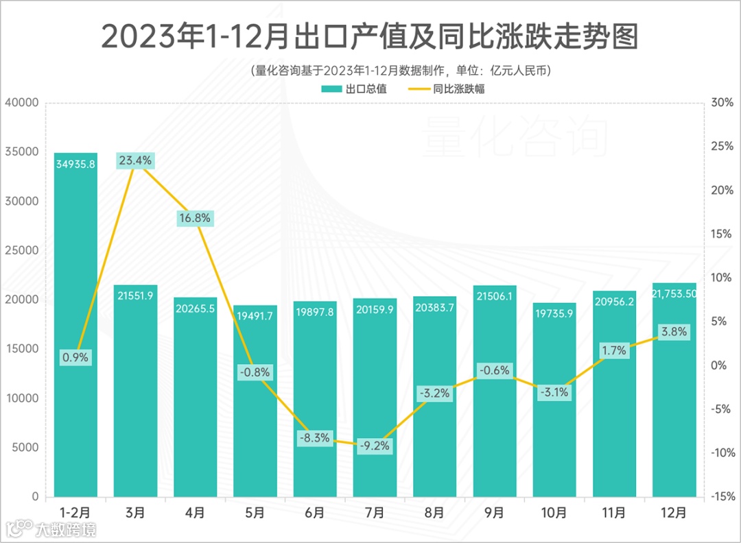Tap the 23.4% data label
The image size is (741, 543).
pos(136,161)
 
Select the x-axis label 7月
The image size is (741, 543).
pos(375,512)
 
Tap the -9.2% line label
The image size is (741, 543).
pos(375,446)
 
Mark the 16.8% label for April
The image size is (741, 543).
pos(196,218)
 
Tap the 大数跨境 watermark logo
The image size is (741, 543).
pos(51,529)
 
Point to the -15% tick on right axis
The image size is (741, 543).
pos(720,497)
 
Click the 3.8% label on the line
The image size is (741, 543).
pos(673,332)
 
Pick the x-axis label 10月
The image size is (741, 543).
pos(554,512)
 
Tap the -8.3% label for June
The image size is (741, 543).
pos(315,437)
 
